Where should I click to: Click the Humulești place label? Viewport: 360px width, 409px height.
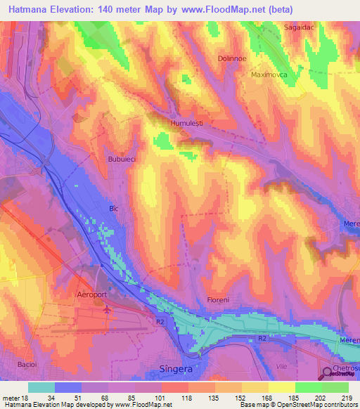186,123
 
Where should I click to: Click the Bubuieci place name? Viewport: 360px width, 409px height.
122,160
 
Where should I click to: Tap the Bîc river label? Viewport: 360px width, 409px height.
114,209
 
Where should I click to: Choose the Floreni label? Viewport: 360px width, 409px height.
218,300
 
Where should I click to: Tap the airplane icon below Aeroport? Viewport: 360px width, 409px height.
106,309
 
